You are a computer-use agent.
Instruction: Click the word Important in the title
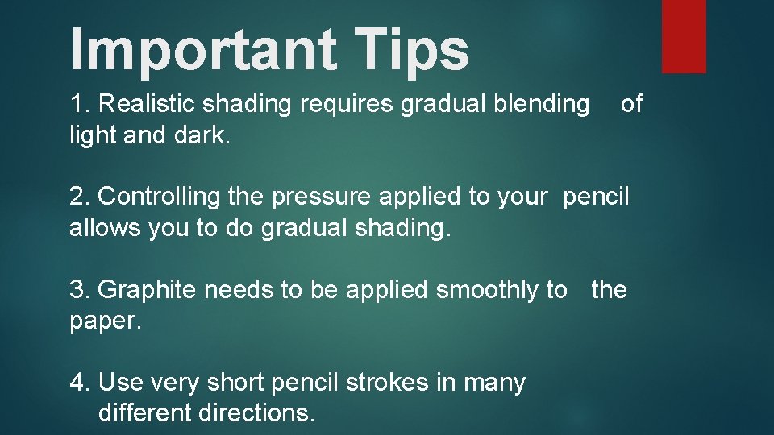pos(202,49)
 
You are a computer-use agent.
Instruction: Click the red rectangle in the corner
pos(684,35)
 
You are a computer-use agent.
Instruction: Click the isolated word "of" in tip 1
pos(631,104)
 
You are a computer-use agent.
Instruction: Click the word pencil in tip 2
pos(596,197)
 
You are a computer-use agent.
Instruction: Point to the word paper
pos(105,321)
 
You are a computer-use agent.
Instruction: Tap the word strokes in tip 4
pos(387,383)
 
